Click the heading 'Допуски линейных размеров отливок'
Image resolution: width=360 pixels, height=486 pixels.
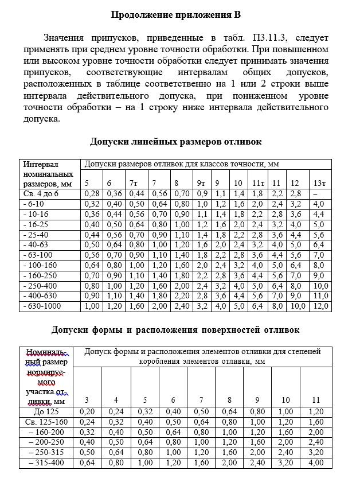click(x=176, y=142)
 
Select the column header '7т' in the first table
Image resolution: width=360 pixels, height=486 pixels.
click(x=135, y=183)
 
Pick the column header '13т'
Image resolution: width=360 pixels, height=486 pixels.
click(x=320, y=183)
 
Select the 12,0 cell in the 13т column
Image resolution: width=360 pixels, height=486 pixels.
click(x=320, y=306)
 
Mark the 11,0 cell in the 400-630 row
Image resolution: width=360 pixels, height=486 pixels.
click(x=320, y=296)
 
